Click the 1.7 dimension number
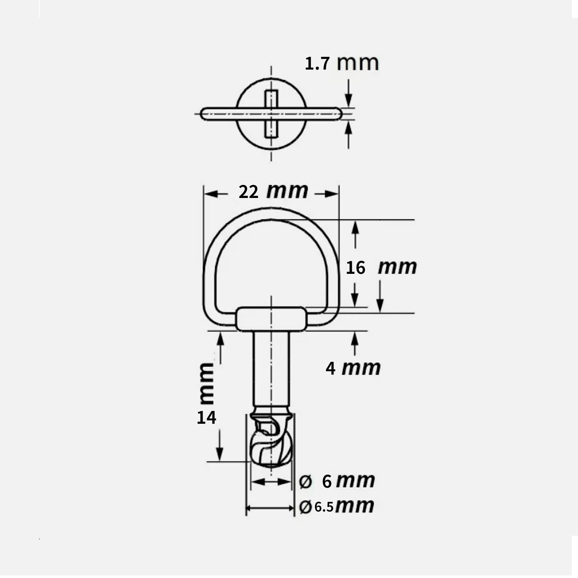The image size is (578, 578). [317, 64]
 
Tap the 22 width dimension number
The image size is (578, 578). [249, 192]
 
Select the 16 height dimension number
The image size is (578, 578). [355, 268]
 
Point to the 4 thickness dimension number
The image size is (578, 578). [331, 369]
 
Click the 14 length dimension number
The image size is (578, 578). [206, 418]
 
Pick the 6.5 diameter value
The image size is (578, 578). [324, 507]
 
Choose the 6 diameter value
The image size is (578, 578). [327, 482]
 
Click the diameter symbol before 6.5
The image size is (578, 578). [305, 507]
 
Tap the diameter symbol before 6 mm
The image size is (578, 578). [306, 482]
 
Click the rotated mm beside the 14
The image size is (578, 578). [207, 384]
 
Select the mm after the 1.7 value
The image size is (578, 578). [358, 63]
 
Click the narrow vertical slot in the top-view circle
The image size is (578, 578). [271, 114]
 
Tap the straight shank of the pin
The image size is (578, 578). [271, 368]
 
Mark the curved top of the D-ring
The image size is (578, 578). [271, 213]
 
